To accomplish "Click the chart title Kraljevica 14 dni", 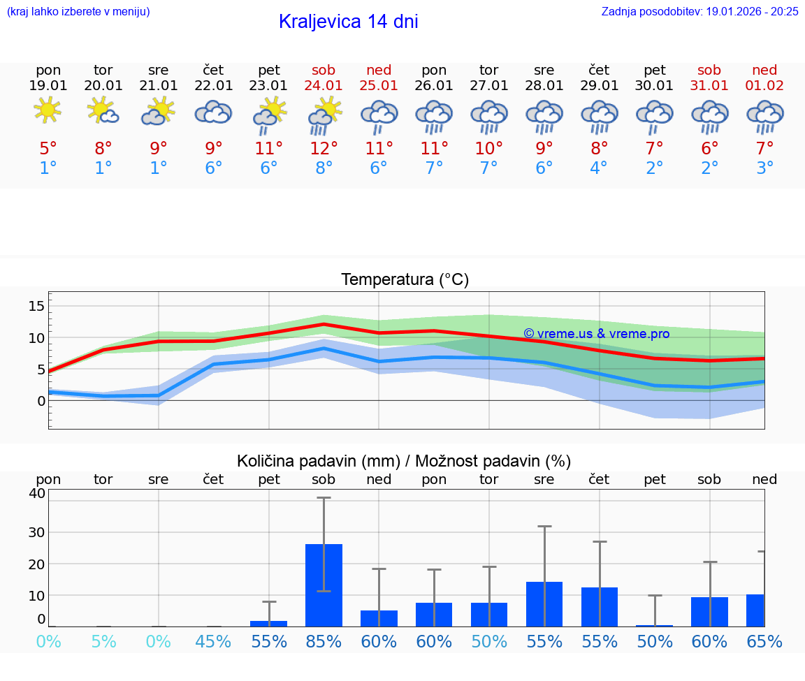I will click(x=348, y=22).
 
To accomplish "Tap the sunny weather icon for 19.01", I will click(x=48, y=110).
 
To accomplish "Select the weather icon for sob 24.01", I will click(x=324, y=115).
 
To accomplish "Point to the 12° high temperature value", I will click(x=324, y=148).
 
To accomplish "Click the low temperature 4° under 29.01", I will click(x=599, y=168).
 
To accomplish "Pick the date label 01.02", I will click(x=764, y=85).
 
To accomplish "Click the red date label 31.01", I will click(x=709, y=85).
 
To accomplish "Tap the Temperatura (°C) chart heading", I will click(x=405, y=280).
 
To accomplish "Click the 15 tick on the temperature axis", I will click(x=36, y=306).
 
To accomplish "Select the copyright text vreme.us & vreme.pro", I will click(x=596, y=334).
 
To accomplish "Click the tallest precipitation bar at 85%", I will click(x=324, y=585).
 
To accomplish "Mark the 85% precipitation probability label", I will click(x=324, y=641).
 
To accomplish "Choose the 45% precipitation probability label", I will click(x=213, y=641).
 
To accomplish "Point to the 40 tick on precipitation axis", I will click(x=37, y=493).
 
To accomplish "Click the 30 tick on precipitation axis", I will click(x=37, y=532).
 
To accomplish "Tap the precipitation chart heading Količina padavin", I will click(x=404, y=461).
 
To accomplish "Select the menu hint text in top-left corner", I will click(x=78, y=11).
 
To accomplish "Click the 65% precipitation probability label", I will click(x=764, y=641).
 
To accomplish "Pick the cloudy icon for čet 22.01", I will click(x=213, y=112).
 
